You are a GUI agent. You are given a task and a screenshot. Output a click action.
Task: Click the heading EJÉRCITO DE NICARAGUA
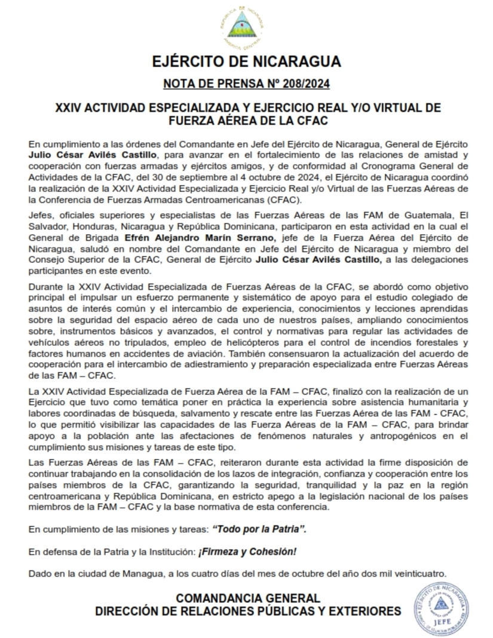(246, 62)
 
